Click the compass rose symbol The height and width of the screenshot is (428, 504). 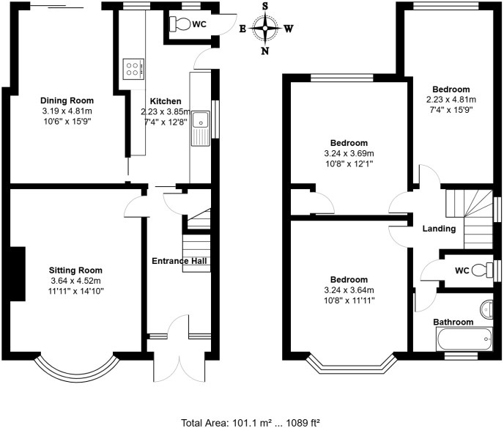pos(264,30)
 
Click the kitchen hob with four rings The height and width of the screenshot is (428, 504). pos(133,70)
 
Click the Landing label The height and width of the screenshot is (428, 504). pos(440,229)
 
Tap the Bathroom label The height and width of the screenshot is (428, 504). pos(453,322)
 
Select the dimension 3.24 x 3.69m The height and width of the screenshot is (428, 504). pos(348,153)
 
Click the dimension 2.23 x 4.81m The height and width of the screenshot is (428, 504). pos(451,100)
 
